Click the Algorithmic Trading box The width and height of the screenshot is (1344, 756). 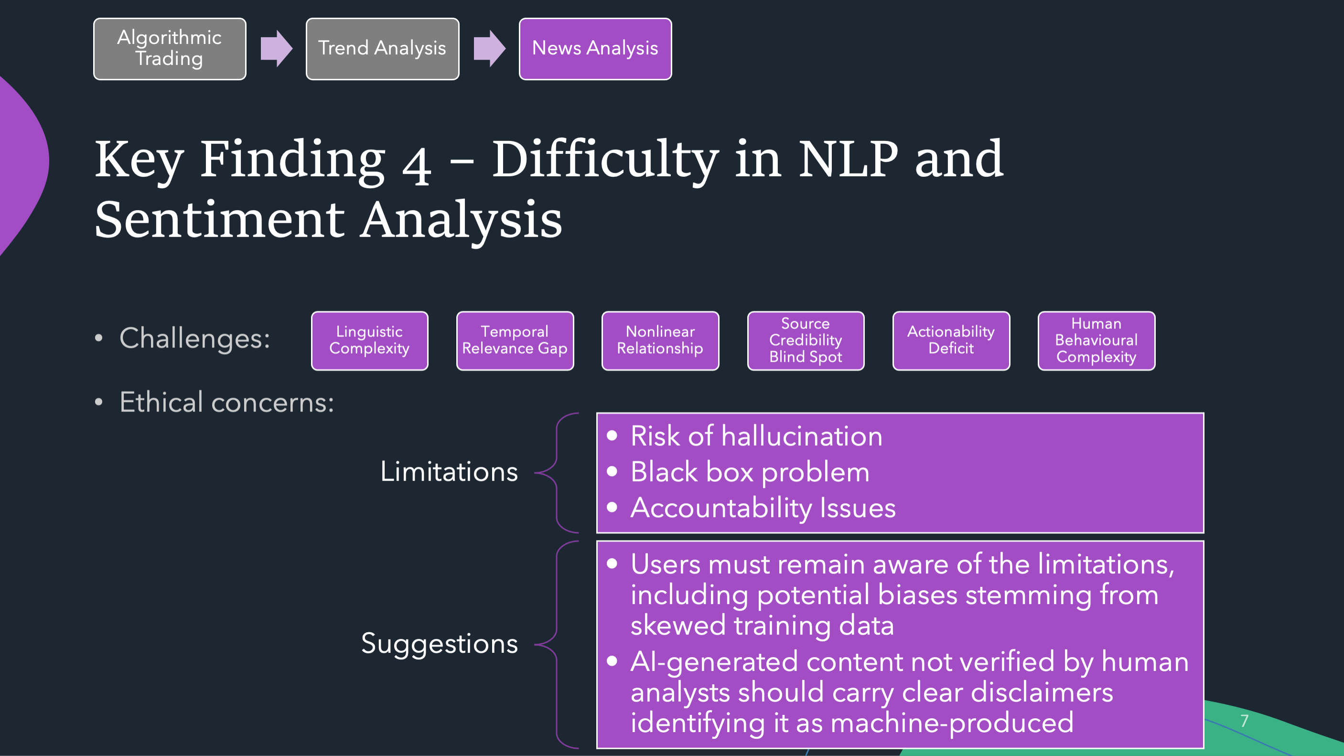pyautogui.click(x=170, y=49)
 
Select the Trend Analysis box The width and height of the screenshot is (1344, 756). pyautogui.click(x=382, y=49)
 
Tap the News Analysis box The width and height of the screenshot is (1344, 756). pyautogui.click(x=595, y=49)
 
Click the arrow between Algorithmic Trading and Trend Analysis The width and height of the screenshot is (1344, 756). pyautogui.click(x=277, y=49)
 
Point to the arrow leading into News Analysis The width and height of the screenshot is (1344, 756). pyautogui.click(x=489, y=49)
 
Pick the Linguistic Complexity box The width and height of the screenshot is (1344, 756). pyautogui.click(x=369, y=341)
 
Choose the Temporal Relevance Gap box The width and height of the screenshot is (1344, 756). pyautogui.click(x=515, y=341)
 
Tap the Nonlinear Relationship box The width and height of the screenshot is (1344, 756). pyautogui.click(x=660, y=341)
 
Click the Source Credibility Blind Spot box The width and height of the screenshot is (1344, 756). pyautogui.click(x=806, y=341)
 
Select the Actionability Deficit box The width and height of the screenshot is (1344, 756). pyautogui.click(x=951, y=341)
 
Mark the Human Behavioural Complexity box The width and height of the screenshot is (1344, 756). pyautogui.click(x=1096, y=341)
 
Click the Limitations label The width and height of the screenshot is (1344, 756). pyautogui.click(x=449, y=472)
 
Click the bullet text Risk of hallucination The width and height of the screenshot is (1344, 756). pyautogui.click(x=756, y=436)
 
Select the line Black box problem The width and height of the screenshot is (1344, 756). pyautogui.click(x=750, y=473)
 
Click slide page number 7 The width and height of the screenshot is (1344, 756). pyautogui.click(x=1244, y=721)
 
